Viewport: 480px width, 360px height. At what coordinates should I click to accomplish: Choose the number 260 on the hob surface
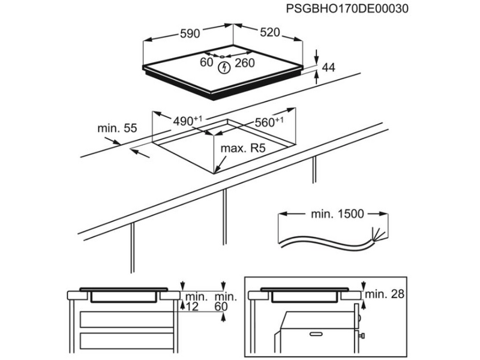point(245,62)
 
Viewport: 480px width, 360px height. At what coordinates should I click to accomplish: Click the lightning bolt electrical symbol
point(224,67)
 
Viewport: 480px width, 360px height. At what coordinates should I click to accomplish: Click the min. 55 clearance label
point(118,128)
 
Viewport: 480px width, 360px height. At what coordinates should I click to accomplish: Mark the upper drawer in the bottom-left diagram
point(126,318)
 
